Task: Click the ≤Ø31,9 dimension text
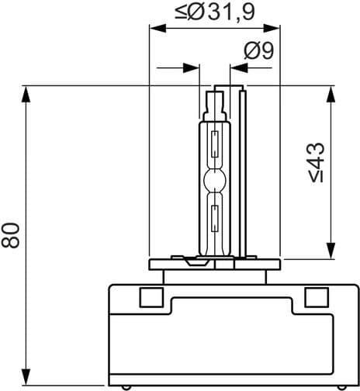point(214,11)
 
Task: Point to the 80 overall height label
point(11,234)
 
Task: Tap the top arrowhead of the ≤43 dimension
point(331,93)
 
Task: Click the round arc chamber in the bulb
point(214,182)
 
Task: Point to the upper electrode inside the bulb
point(214,145)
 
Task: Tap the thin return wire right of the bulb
point(244,171)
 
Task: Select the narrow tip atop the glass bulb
point(215,102)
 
